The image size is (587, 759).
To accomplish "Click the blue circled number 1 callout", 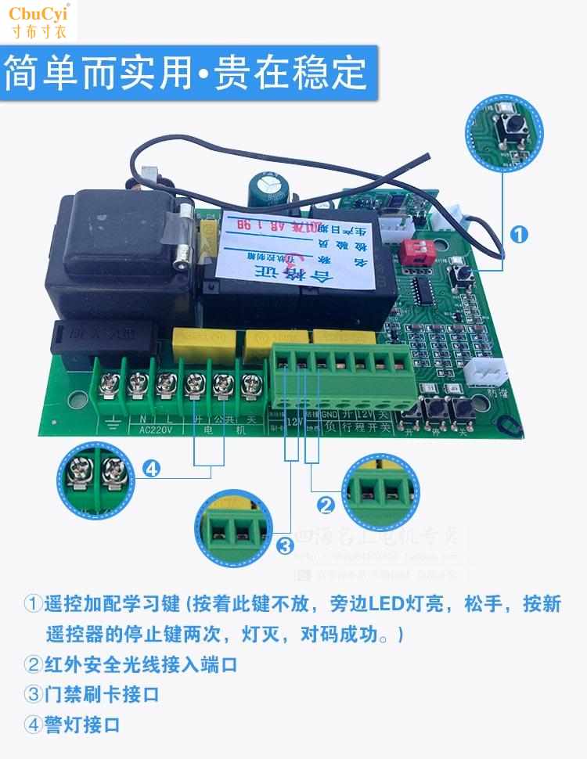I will pos(519,233).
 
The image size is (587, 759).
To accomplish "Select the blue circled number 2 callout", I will pos(326,505).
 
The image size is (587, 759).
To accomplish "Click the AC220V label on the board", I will pos(139,430).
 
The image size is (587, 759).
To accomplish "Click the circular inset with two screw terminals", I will pos(94,477).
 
